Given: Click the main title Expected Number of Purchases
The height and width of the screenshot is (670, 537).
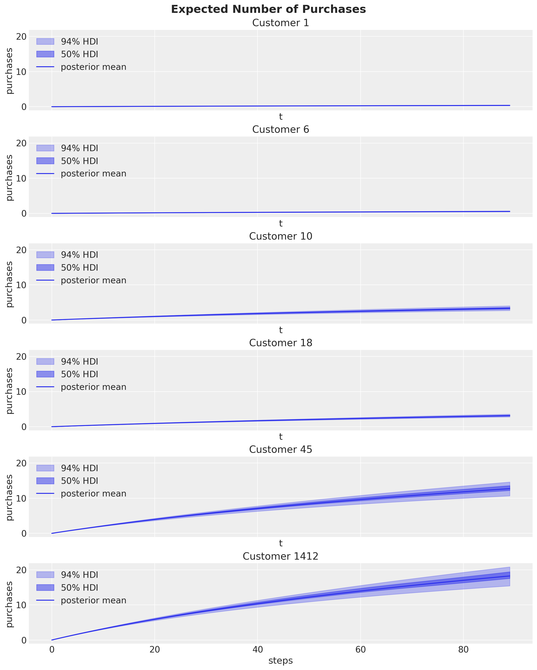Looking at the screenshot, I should coord(269,9).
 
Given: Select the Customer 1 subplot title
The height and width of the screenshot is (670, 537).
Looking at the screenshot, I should coord(281,23).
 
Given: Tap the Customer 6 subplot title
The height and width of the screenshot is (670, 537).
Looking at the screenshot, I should coord(281,130).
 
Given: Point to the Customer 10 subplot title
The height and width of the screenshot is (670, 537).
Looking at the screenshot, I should coord(281,236).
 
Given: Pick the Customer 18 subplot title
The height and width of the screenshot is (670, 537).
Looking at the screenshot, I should coord(281,343).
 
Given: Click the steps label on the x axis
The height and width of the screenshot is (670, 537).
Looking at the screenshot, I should coord(281,660).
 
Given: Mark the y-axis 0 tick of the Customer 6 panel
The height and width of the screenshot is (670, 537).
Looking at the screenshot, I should coord(24,213).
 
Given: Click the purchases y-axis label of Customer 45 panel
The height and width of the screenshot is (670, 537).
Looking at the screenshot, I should coord(10,498).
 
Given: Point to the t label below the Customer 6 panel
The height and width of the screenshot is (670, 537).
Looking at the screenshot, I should coord(281,223).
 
